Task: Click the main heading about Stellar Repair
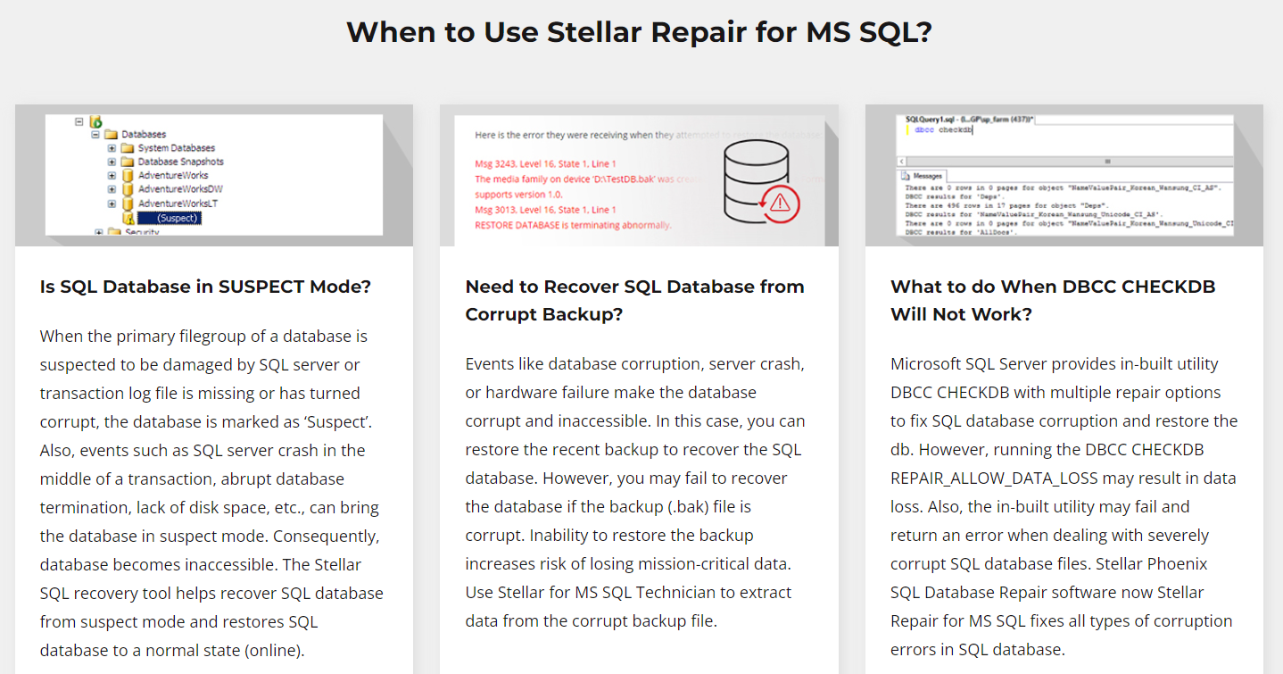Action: pyautogui.click(x=639, y=32)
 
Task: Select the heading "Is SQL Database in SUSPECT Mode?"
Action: pyautogui.click(x=205, y=287)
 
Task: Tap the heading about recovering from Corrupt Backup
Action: pyautogui.click(x=634, y=300)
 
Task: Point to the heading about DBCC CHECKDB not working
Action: pyautogui.click(x=1053, y=300)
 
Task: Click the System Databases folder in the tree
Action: pyautogui.click(x=176, y=148)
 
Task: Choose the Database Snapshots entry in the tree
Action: pyautogui.click(x=180, y=162)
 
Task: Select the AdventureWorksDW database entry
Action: pyautogui.click(x=180, y=189)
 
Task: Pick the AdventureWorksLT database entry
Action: pyautogui.click(x=178, y=204)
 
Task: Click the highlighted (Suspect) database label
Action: pyautogui.click(x=177, y=218)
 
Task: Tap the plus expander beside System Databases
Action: pyautogui.click(x=112, y=148)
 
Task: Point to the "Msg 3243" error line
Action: pyautogui.click(x=545, y=164)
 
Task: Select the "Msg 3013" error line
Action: pyautogui.click(x=545, y=210)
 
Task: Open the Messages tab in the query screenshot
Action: pyautogui.click(x=924, y=176)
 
